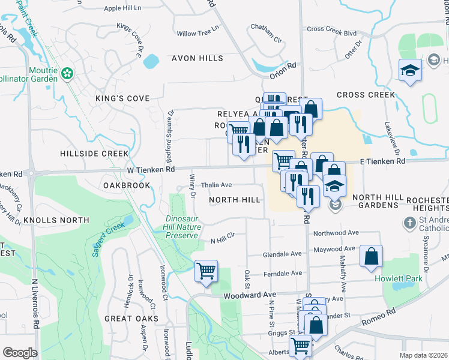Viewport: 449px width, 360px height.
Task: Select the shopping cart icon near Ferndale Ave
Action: point(206,271)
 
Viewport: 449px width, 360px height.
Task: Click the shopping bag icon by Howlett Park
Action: point(372,256)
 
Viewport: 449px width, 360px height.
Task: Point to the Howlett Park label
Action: point(395,278)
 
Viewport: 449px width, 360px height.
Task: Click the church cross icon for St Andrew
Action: point(410,223)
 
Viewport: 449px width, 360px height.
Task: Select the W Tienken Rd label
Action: point(151,170)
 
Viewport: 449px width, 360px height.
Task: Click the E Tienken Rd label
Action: point(382,161)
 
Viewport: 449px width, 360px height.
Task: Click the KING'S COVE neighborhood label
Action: point(122,98)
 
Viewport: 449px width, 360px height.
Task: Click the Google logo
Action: point(20,352)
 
